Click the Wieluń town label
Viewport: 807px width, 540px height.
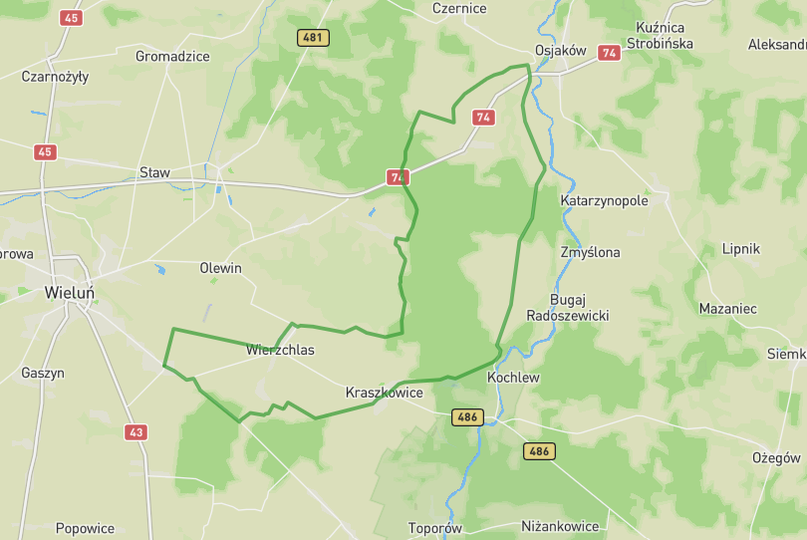pos(71,293)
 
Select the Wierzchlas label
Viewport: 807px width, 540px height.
pos(280,350)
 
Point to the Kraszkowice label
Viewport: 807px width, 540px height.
pos(384,393)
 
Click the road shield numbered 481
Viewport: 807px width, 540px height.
pos(313,38)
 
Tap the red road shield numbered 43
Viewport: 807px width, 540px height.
pos(136,432)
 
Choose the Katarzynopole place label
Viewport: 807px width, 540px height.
pos(604,200)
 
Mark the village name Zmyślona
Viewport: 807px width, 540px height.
pos(590,252)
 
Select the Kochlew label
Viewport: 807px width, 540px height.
pos(513,379)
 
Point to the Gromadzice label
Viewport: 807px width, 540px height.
pos(172,56)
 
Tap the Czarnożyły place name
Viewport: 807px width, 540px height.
pos(55,76)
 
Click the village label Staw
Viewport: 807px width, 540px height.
pos(154,172)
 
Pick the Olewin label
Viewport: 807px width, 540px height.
pos(220,268)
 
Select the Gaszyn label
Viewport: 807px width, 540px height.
pos(42,373)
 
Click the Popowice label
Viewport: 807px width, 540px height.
pos(85,528)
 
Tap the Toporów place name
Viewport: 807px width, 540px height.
pos(435,528)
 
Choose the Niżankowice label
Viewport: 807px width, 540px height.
pos(560,526)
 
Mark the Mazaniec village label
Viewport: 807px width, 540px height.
pos(727,309)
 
